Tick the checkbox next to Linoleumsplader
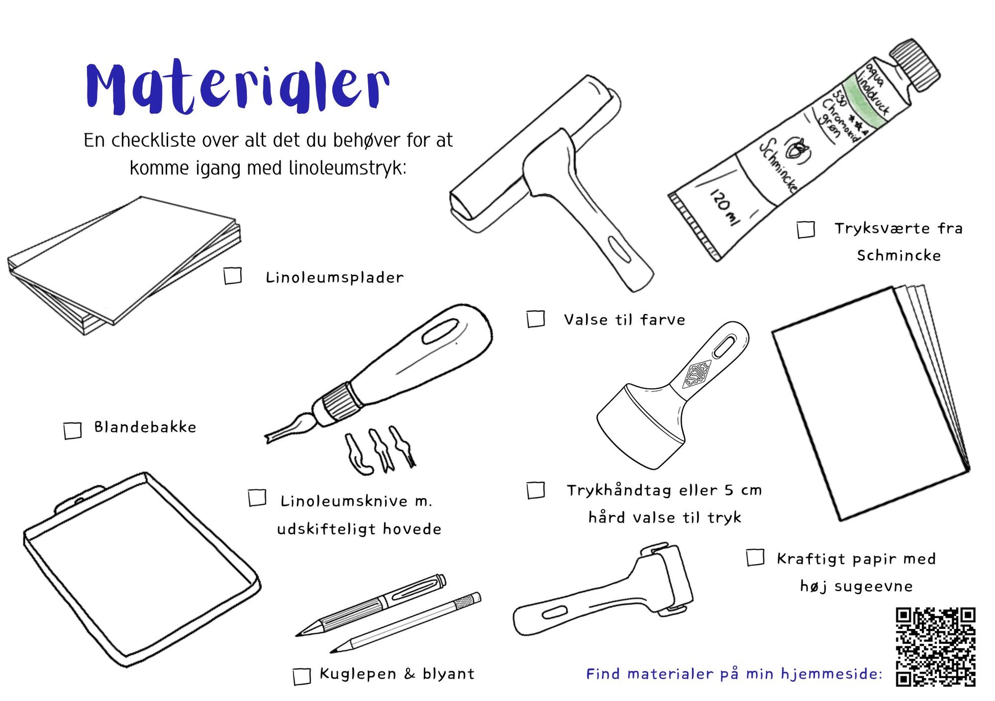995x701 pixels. point(233,276)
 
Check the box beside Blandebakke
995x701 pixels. point(73,430)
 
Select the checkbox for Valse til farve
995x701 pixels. point(536,319)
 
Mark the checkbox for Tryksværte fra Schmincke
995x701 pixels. point(806,229)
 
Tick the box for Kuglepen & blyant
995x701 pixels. point(302,676)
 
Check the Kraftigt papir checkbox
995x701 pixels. point(755,557)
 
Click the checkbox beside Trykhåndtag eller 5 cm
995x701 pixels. point(536,489)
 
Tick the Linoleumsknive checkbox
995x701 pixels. point(257,498)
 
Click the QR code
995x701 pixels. point(936,647)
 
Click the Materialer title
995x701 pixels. point(237,87)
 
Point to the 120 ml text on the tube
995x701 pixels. point(724,207)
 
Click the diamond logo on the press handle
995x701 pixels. point(696,374)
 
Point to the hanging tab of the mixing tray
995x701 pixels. point(79,498)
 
